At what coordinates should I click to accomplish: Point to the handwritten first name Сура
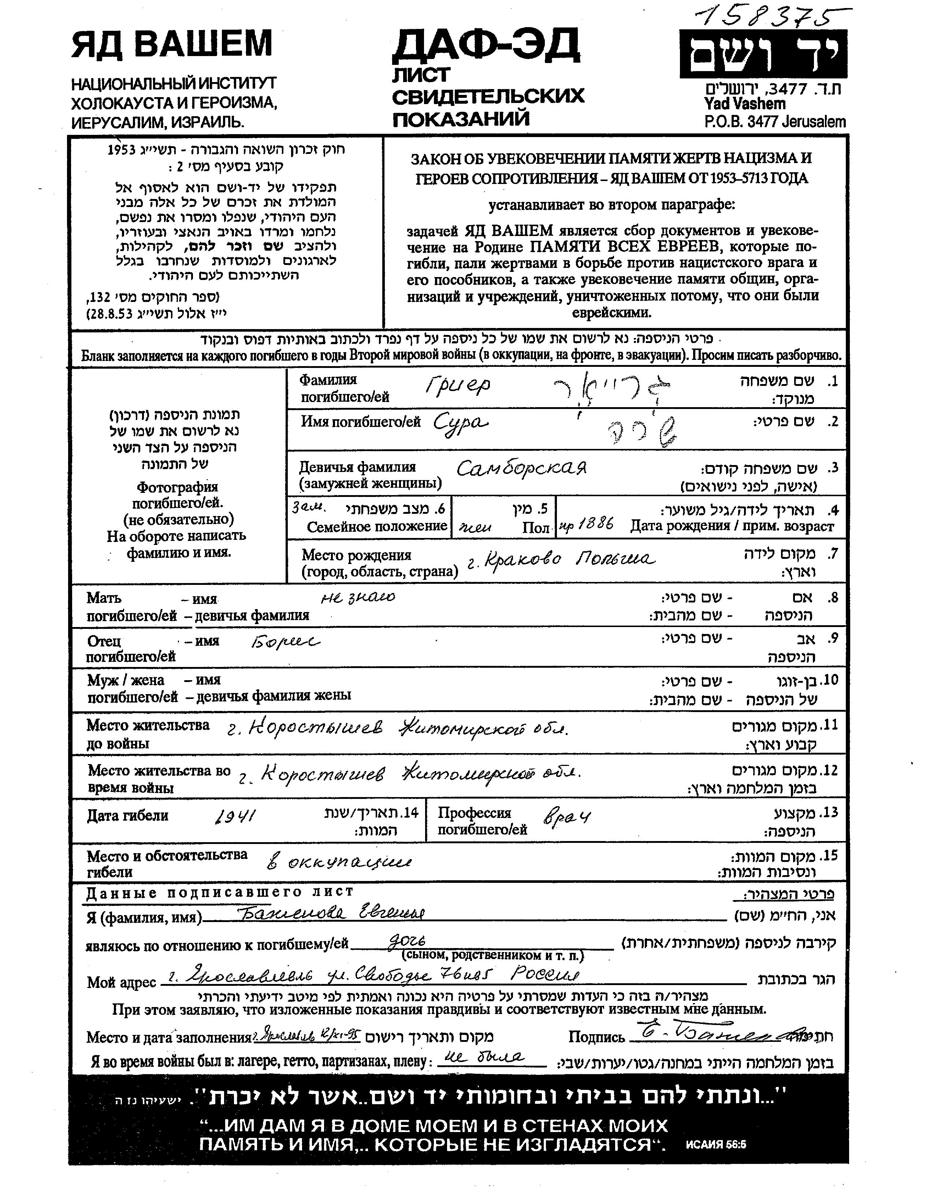461,422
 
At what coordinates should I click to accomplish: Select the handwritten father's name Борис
285,642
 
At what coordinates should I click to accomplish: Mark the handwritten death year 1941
235,816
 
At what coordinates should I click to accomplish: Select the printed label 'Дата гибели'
128,815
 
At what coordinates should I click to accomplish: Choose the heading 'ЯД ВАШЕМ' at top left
172,45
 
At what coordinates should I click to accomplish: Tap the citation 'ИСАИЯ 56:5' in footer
716,1144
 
